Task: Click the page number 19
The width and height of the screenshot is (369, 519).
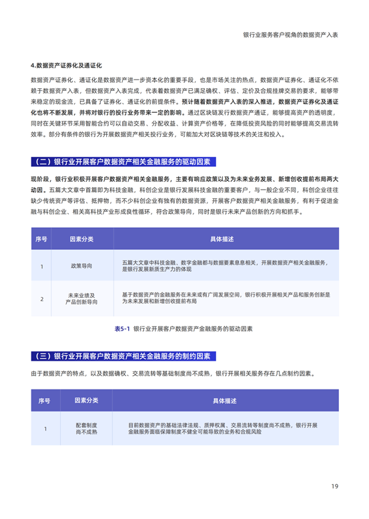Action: (x=336, y=486)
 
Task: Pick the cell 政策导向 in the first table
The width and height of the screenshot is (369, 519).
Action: (x=82, y=266)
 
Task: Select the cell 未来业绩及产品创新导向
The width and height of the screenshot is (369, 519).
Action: (x=82, y=298)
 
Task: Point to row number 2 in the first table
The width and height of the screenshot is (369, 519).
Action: (x=41, y=298)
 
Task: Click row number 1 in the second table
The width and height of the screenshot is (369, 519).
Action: (x=45, y=428)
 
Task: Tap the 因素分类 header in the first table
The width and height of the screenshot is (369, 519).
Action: (x=82, y=238)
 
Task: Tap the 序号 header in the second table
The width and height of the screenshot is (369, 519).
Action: (x=45, y=400)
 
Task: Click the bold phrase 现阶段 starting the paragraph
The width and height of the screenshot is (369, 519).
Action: (x=43, y=180)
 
